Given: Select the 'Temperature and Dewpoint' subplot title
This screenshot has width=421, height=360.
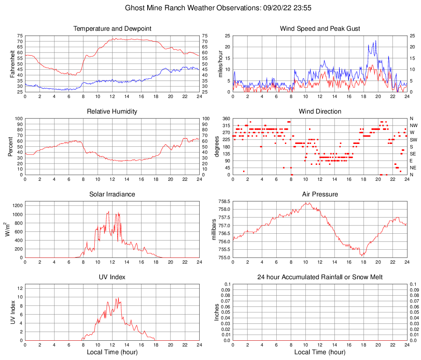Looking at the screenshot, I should click(112, 29).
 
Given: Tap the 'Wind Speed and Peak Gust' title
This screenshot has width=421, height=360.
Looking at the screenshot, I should click(320, 29).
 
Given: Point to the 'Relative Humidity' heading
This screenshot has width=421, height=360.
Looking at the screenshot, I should click(112, 112).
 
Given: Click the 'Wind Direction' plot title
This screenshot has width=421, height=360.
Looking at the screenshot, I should click(320, 112).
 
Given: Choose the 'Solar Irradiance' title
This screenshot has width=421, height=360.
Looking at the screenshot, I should click(112, 194).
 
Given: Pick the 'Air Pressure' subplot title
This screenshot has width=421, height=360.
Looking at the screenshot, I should click(320, 194).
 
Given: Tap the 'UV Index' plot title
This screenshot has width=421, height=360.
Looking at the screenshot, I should click(112, 277).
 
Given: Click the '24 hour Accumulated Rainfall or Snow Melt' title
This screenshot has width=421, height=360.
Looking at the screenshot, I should click(320, 277).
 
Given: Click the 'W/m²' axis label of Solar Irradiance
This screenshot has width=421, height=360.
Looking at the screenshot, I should click(7, 230).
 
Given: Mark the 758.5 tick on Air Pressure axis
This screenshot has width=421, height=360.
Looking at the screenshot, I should click(224, 201).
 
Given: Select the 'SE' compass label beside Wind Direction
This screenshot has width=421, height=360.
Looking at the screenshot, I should click(413, 154).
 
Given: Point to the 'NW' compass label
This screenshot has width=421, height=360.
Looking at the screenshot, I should click(414, 125).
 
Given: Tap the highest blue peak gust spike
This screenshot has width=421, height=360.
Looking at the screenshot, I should click(375, 41).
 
